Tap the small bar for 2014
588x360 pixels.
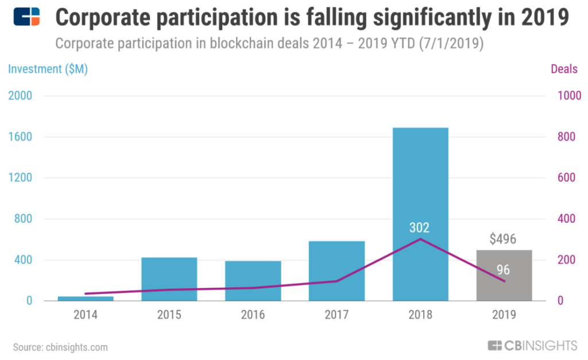(x=86, y=298)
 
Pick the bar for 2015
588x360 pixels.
(x=169, y=279)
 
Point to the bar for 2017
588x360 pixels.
(x=336, y=270)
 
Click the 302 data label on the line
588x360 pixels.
(x=420, y=227)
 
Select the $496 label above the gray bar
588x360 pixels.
(x=503, y=239)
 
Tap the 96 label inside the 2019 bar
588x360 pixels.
(x=504, y=269)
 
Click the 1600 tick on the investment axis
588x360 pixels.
(x=21, y=137)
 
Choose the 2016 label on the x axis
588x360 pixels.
(x=253, y=315)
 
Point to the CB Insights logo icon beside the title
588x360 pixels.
(x=26, y=17)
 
